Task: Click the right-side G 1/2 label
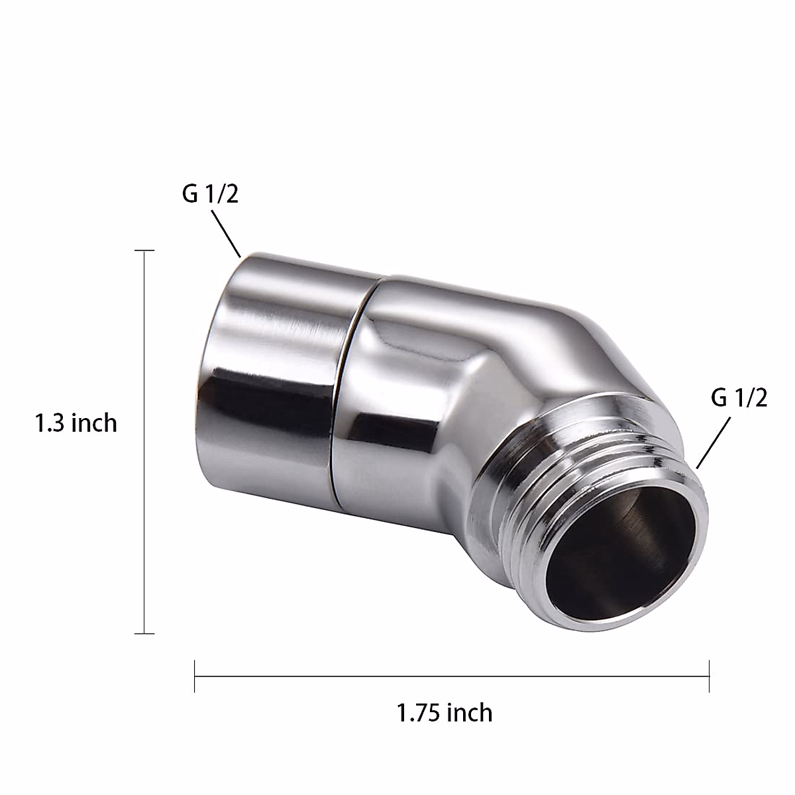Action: [x=739, y=399]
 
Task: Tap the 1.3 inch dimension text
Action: [x=76, y=423]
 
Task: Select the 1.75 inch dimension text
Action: [x=445, y=713]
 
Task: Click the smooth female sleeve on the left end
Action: [x=278, y=358]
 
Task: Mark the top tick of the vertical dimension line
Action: [x=144, y=251]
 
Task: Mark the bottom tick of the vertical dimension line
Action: [x=144, y=633]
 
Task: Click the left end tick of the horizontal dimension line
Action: [x=195, y=676]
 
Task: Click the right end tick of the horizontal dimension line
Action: [x=709, y=676]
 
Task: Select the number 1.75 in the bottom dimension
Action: [x=419, y=713]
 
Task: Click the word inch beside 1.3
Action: [x=94, y=423]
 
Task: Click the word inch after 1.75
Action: [x=470, y=713]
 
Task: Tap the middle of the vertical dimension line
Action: [x=144, y=442]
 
